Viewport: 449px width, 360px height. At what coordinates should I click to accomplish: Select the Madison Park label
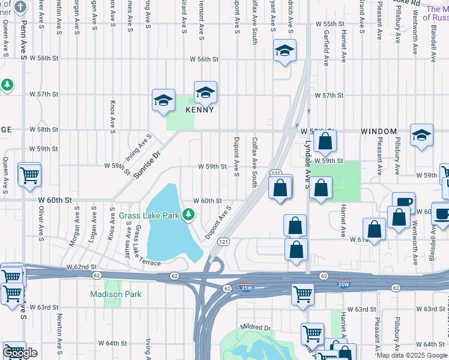[116, 294]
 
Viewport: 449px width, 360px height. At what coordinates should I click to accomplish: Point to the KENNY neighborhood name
[200, 110]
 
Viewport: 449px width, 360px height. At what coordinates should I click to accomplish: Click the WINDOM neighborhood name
[379, 131]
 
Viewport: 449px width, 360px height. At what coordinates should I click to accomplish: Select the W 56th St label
[204, 59]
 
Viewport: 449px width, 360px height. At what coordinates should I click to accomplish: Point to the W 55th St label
[330, 23]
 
